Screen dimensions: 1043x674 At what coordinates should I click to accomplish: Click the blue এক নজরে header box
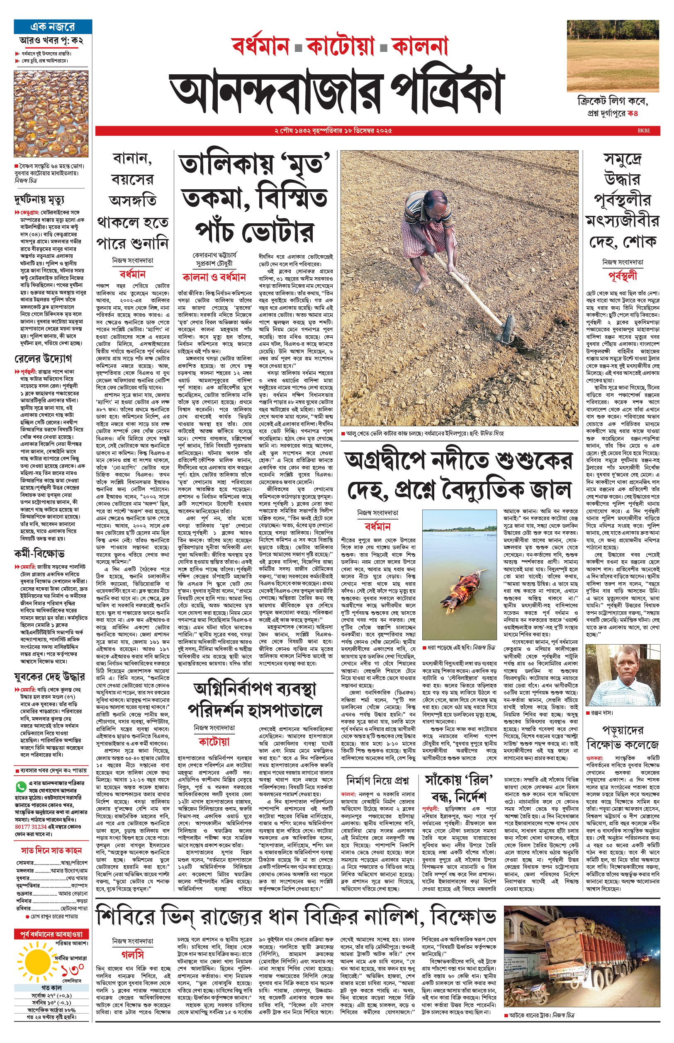pyautogui.click(x=53, y=27)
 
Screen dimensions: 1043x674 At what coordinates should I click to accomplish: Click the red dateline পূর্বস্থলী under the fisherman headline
pyautogui.click(x=622, y=276)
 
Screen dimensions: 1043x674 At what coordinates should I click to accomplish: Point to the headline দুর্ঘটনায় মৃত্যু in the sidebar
pyautogui.click(x=39, y=200)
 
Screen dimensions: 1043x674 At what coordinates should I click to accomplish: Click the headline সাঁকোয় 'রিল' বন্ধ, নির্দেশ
pyautogui.click(x=459, y=788)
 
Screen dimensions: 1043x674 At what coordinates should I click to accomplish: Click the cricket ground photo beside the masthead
pyautogui.click(x=612, y=56)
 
